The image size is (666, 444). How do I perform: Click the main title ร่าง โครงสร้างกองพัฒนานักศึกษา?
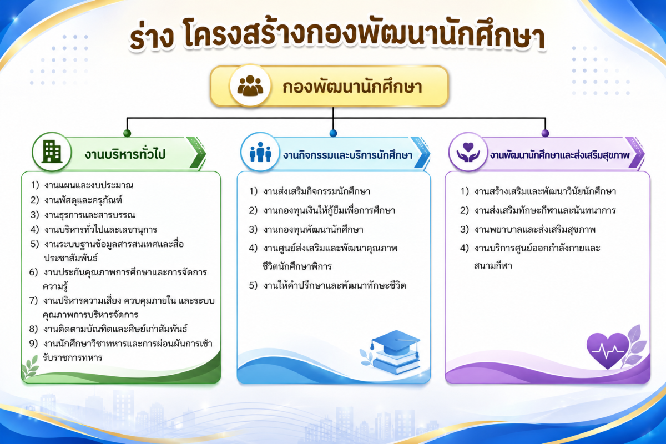click(337, 35)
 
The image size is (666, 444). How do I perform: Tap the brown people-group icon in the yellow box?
click(250, 86)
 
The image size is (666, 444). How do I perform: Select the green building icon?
click(52, 152)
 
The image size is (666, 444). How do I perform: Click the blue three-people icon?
click(260, 152)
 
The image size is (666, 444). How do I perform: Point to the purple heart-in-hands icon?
click(468, 152)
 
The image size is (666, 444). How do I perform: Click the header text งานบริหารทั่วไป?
click(125, 154)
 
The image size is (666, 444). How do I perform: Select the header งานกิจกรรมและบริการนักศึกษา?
click(347, 155)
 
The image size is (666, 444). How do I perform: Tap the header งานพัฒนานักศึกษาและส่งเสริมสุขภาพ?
click(560, 155)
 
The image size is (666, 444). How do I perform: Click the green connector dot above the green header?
click(127, 133)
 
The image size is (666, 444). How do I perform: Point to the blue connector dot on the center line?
click(333, 133)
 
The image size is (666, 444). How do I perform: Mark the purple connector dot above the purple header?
click(545, 133)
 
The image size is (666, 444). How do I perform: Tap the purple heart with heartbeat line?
click(607, 350)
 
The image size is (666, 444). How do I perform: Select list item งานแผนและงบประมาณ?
click(89, 185)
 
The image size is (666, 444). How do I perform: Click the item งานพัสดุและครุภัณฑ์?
click(83, 200)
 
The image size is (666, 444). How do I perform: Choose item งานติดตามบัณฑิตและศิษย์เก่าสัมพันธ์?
click(115, 329)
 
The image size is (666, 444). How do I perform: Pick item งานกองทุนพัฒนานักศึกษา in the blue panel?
click(313, 230)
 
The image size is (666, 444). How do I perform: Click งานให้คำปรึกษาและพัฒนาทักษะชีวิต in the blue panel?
click(335, 285)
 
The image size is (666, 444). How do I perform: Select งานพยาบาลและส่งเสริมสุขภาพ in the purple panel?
click(535, 230)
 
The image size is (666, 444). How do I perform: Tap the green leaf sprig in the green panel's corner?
click(31, 366)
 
